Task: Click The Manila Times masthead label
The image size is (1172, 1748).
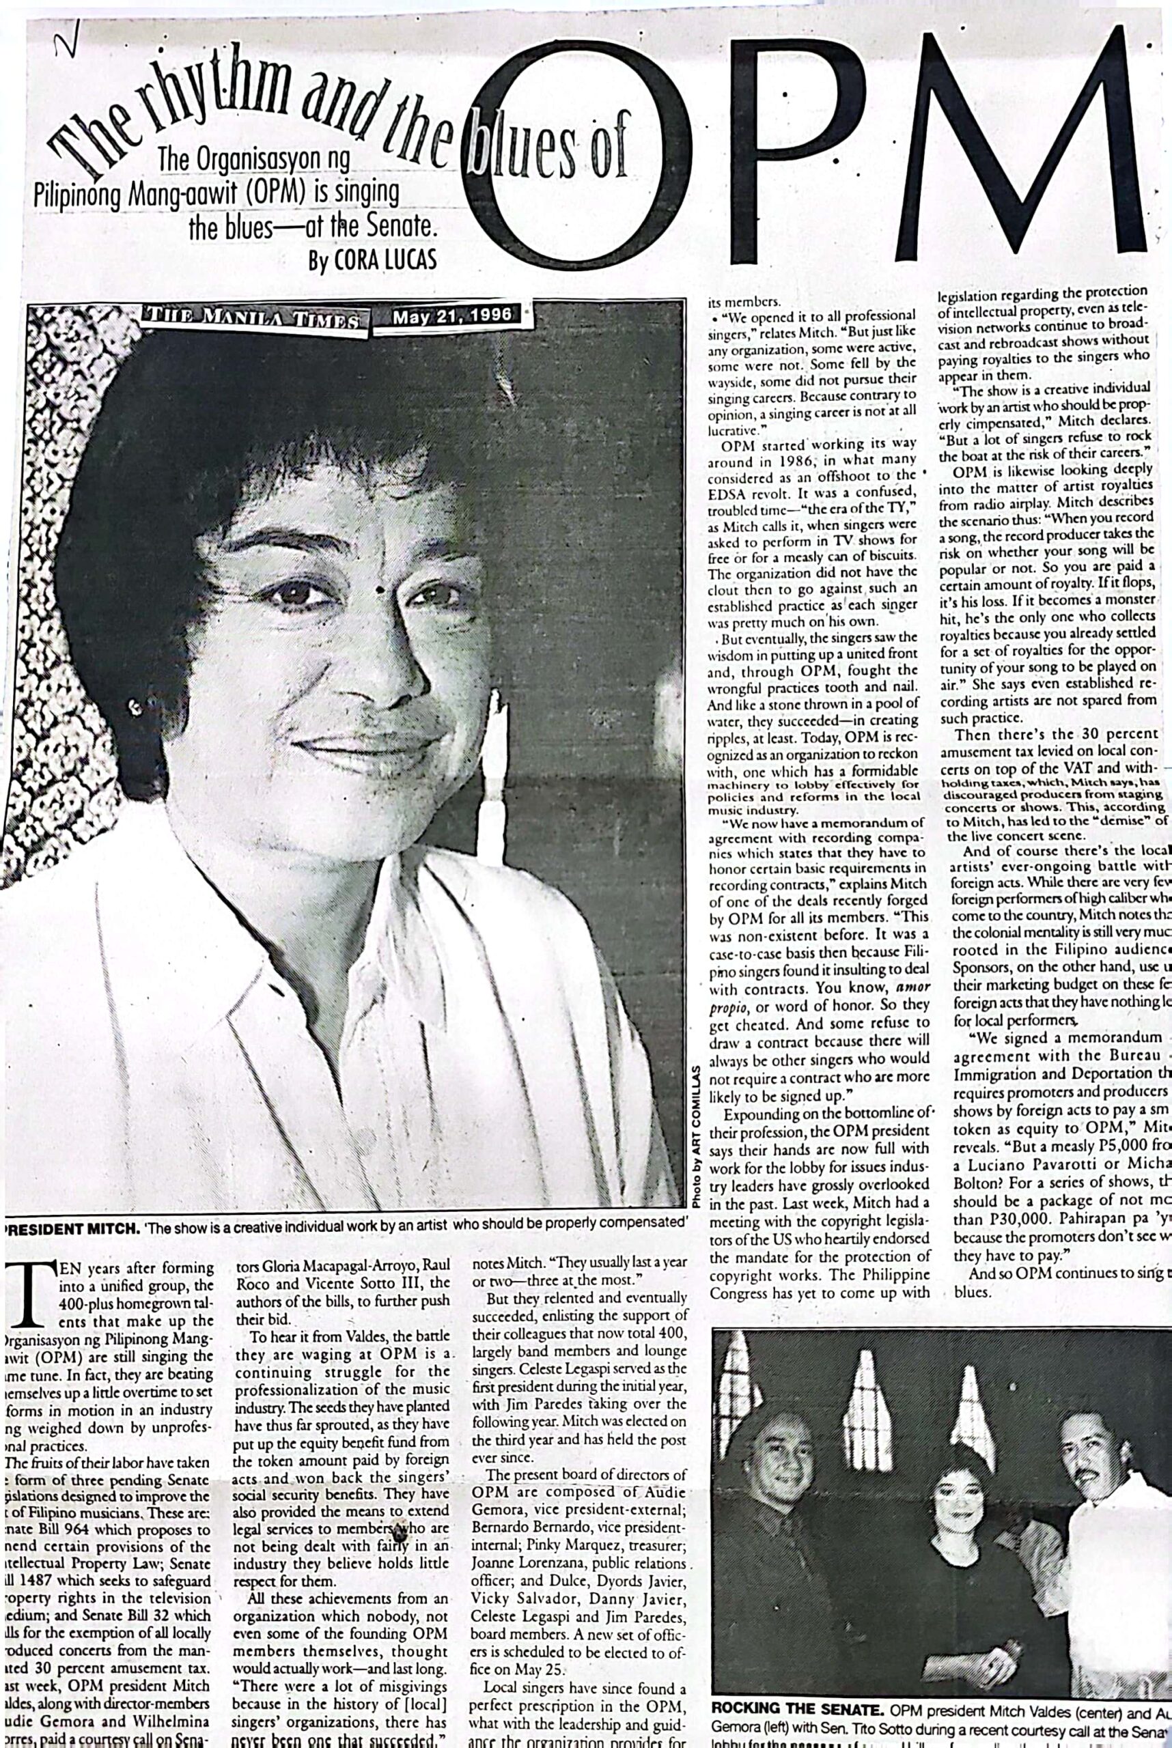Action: click(x=252, y=318)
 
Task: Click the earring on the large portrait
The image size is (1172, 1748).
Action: click(x=135, y=706)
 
